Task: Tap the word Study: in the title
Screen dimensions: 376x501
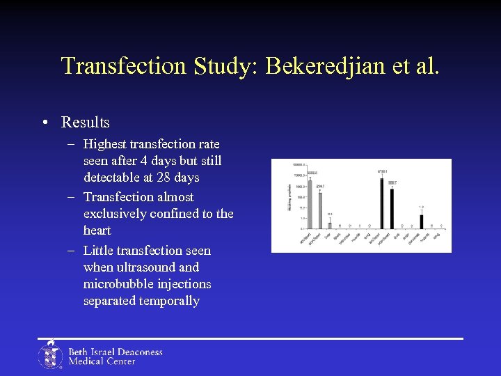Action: pyautogui.click(x=221, y=66)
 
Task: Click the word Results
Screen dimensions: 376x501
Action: pyautogui.click(x=86, y=123)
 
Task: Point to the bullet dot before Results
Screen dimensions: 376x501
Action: pyautogui.click(x=45, y=123)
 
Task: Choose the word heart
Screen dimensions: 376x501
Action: pyautogui.click(x=97, y=230)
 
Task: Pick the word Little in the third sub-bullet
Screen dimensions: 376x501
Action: pyautogui.click(x=98, y=251)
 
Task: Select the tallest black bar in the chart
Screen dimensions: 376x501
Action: pyautogui.click(x=381, y=203)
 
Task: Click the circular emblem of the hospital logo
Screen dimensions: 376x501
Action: pyautogui.click(x=50, y=355)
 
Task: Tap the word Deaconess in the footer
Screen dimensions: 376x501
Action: pyautogui.click(x=138, y=352)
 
